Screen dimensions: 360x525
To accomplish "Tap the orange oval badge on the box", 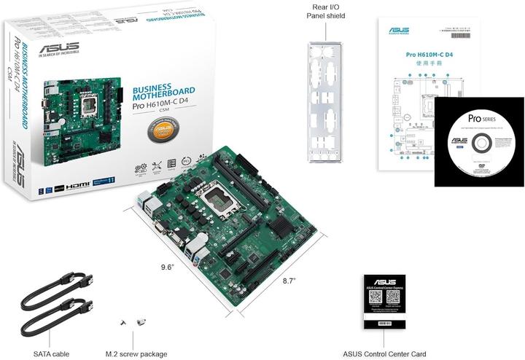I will click(x=170, y=132).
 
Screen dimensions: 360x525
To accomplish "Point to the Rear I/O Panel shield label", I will click(x=324, y=12).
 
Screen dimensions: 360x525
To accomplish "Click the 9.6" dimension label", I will click(x=168, y=267).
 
